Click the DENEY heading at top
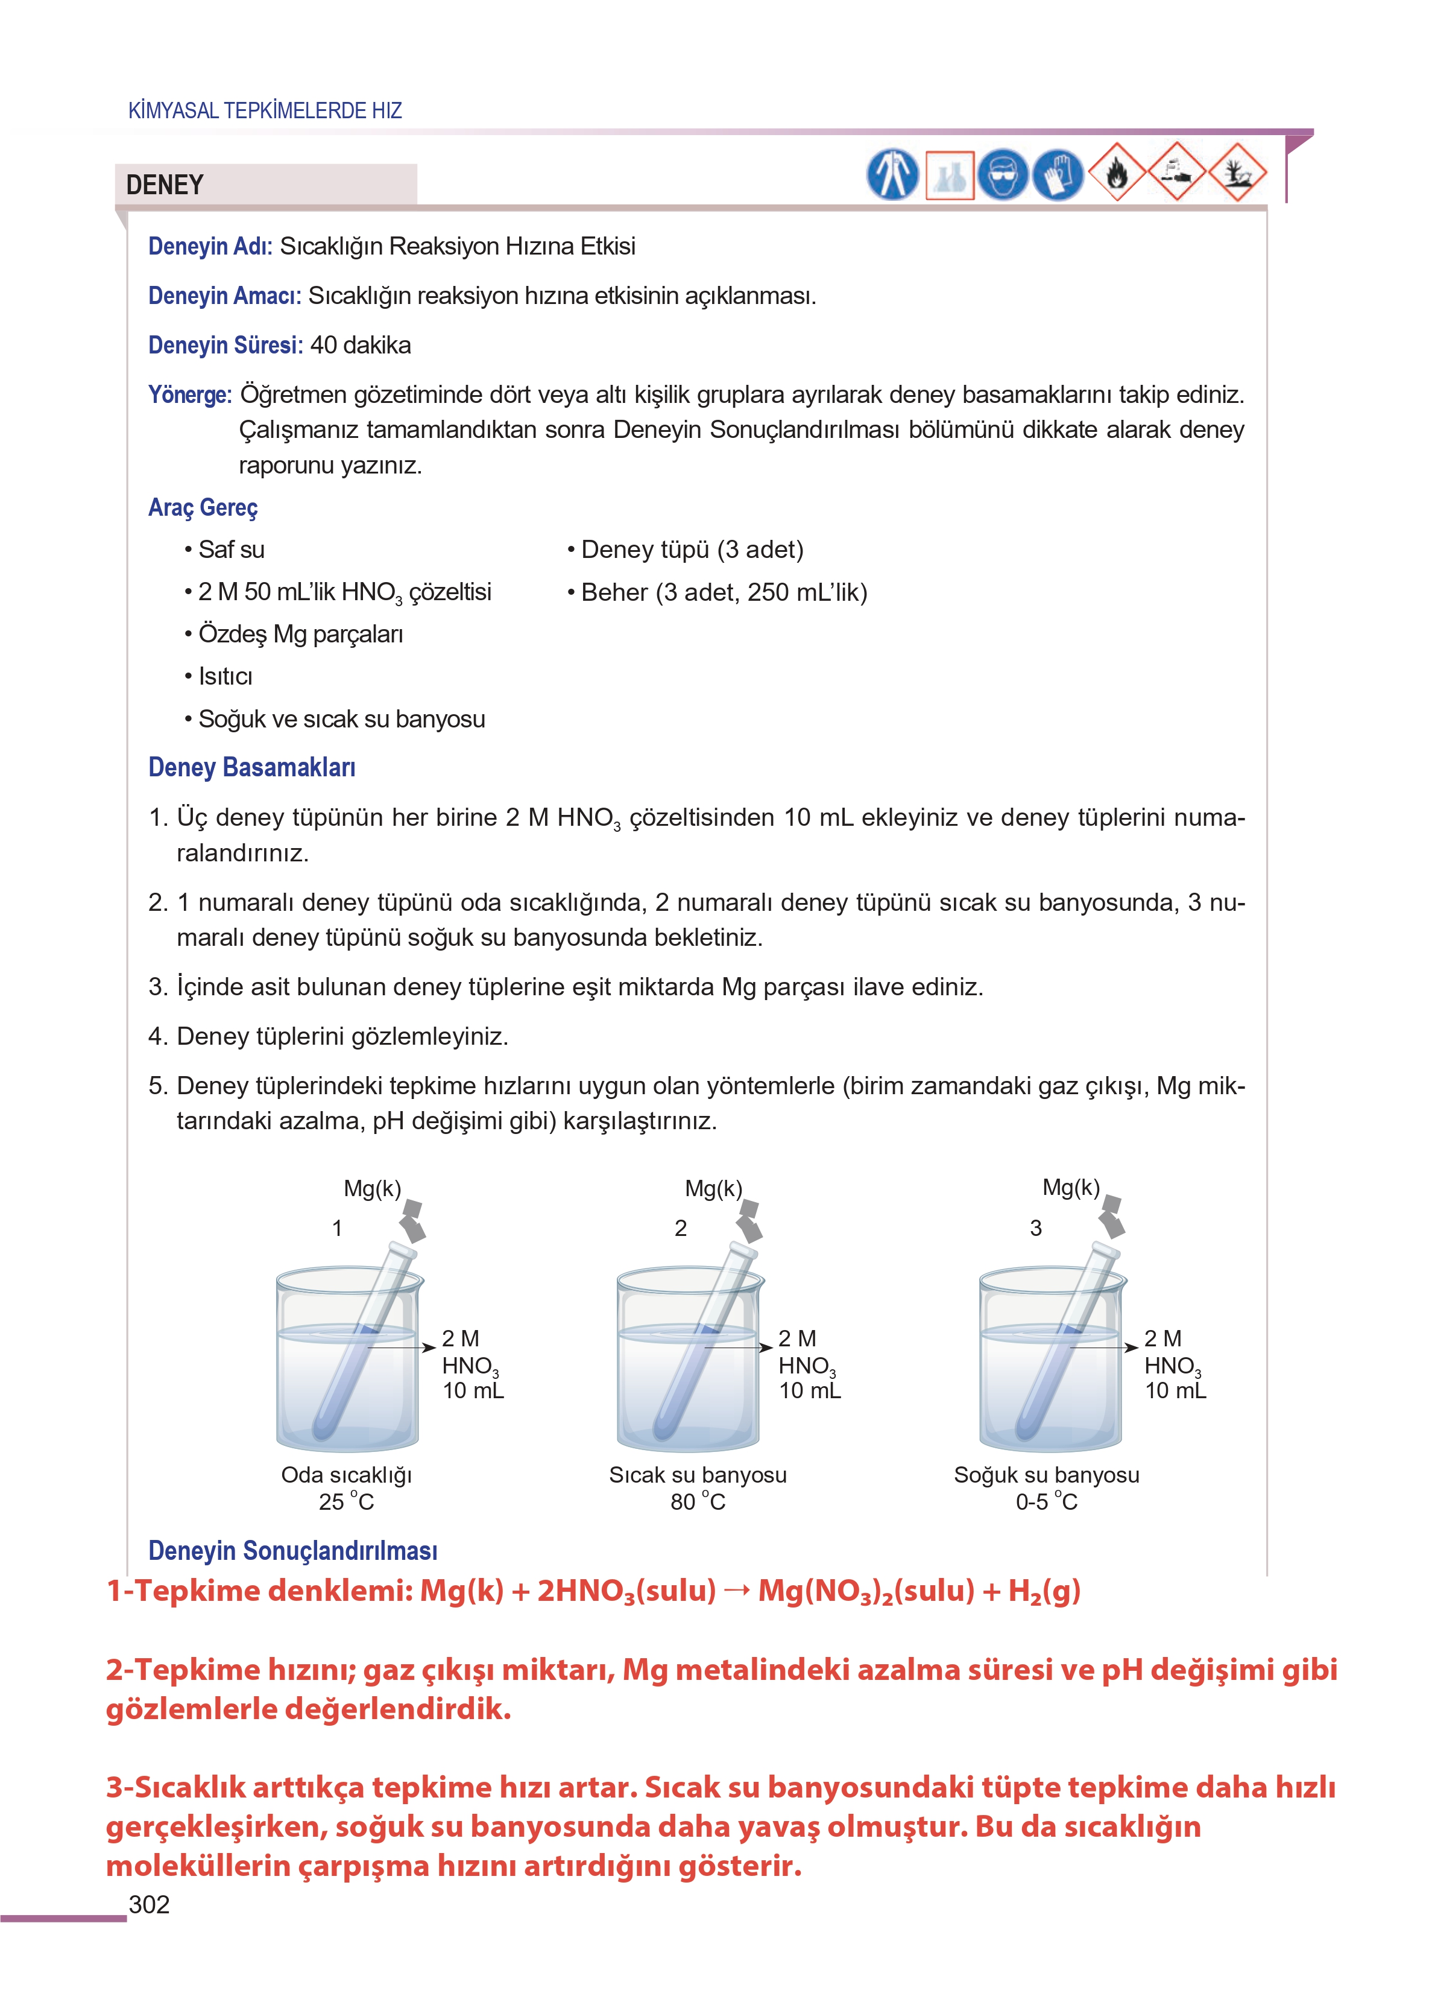pyautogui.click(x=165, y=185)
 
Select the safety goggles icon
pyautogui.click(x=1003, y=174)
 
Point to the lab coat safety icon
pyautogui.click(x=892, y=174)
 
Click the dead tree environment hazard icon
pyautogui.click(x=1237, y=173)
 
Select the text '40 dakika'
pyautogui.click(x=360, y=345)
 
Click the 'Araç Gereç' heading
pyautogui.click(x=203, y=507)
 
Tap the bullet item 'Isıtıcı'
pyautogui.click(x=225, y=676)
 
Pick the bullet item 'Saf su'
pyautogui.click(x=231, y=550)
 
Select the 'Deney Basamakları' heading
pyautogui.click(x=251, y=767)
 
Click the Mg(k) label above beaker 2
pyautogui.click(x=713, y=1188)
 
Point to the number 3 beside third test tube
pyautogui.click(x=1035, y=1227)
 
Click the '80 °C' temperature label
pyautogui.click(x=698, y=1501)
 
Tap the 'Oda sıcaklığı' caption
pyautogui.click(x=347, y=1475)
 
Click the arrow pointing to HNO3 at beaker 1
pyautogui.click(x=401, y=1347)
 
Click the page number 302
pyautogui.click(x=149, y=1904)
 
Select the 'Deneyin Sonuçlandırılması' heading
pyautogui.click(x=293, y=1550)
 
